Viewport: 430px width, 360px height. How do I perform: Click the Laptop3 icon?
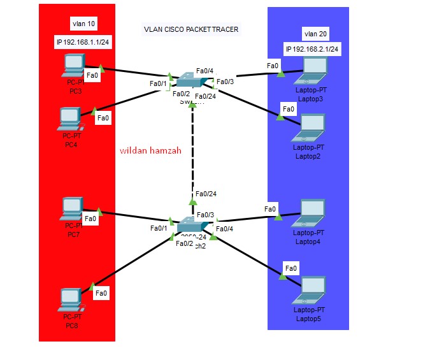coord(311,71)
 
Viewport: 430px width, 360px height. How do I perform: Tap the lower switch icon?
coord(191,225)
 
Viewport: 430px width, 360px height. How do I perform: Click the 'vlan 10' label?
coord(84,24)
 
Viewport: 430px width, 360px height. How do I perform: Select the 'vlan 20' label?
coord(316,34)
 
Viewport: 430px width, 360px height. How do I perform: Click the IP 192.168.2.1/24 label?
coord(312,49)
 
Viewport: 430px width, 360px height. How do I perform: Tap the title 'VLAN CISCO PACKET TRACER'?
coord(190,29)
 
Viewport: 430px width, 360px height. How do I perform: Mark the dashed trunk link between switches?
coord(192,150)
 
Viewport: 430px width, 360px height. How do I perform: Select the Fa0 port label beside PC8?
coord(101,293)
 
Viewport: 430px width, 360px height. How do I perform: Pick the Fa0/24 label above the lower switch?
coord(206,194)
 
